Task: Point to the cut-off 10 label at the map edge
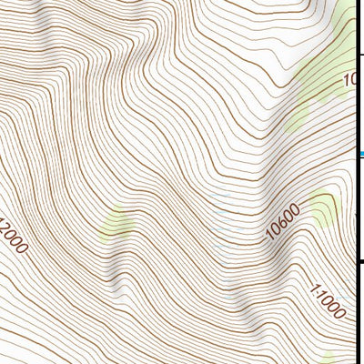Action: pyautogui.click(x=349, y=81)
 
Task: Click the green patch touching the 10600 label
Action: pyautogui.click(x=322, y=210)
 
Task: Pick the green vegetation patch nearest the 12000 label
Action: pyautogui.click(x=117, y=223)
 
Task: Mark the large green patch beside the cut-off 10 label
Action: pyautogui.click(x=314, y=91)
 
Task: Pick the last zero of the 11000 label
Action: pyautogui.click(x=340, y=314)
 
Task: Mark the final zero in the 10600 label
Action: pyautogui.click(x=295, y=211)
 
